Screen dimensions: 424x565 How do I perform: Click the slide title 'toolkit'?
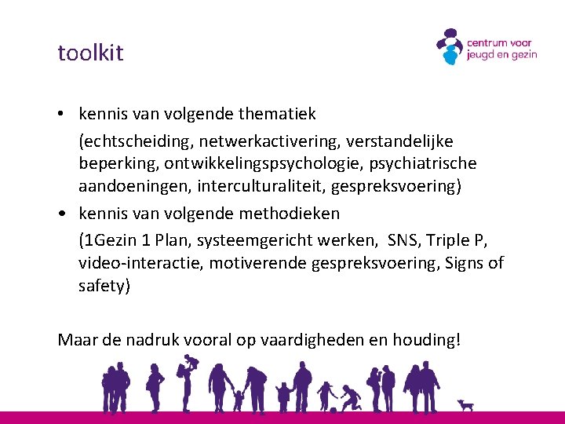(90, 53)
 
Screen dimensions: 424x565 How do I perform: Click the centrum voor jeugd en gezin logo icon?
(450, 47)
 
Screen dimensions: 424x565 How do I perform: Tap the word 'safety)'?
(104, 286)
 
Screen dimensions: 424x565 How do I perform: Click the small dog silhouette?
(468, 405)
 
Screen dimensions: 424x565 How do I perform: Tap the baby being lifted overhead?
(191, 363)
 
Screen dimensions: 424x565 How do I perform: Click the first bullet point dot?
(61, 115)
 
